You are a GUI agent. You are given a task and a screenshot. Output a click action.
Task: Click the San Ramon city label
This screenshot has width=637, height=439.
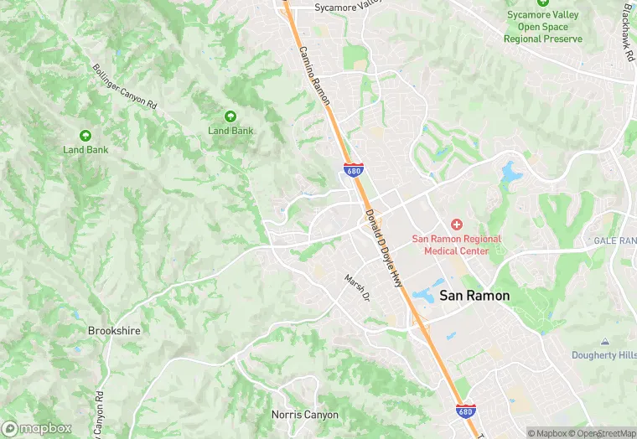pyautogui.click(x=474, y=296)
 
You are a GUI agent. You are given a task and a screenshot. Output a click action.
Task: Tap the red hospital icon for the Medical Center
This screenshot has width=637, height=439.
pyautogui.click(x=457, y=225)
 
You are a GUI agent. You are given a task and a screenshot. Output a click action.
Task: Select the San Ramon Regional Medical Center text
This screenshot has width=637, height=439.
pyautogui.click(x=457, y=245)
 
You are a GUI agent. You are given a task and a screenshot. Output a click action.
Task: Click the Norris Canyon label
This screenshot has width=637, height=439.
pyautogui.click(x=305, y=415)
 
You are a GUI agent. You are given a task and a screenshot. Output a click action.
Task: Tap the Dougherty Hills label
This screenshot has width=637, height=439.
pyautogui.click(x=603, y=355)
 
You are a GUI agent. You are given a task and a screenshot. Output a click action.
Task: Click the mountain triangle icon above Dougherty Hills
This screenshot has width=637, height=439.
pyautogui.click(x=604, y=342)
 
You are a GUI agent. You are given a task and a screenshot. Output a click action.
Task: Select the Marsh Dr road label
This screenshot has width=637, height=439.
pyautogui.click(x=357, y=287)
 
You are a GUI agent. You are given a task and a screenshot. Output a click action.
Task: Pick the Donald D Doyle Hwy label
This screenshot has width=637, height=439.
pyautogui.click(x=385, y=248)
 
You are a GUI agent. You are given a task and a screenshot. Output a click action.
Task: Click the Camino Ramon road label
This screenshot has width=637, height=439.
pyautogui.click(x=314, y=75)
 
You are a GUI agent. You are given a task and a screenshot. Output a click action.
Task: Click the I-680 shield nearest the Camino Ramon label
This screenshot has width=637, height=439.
pyautogui.click(x=353, y=170)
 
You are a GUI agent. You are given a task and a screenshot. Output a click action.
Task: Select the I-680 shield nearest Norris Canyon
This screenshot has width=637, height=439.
pyautogui.click(x=466, y=411)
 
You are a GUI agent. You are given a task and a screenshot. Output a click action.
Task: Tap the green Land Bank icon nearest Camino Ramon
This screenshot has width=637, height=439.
pyautogui.click(x=230, y=116)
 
